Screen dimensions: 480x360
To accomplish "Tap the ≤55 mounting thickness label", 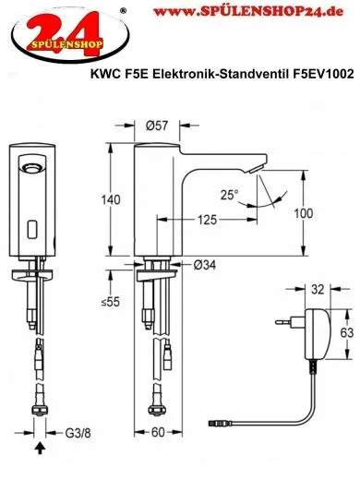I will coord(109,302).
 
